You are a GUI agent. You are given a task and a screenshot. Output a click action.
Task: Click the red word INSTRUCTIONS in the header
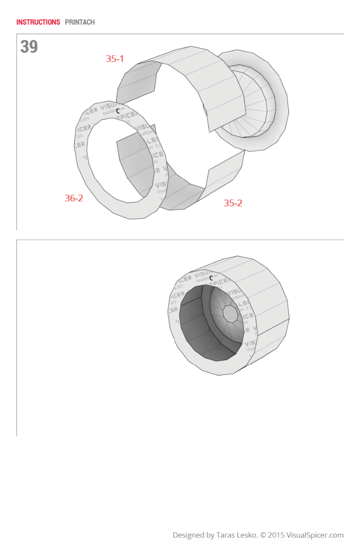click(38, 22)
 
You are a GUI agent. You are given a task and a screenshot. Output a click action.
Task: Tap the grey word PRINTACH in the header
click(80, 22)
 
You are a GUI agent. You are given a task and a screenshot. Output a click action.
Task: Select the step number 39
click(29, 47)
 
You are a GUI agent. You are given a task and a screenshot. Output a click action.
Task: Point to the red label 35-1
click(114, 59)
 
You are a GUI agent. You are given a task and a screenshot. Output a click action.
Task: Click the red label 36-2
click(74, 198)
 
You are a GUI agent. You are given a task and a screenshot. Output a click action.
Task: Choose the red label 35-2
click(233, 203)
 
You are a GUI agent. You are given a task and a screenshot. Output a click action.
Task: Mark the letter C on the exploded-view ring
click(118, 110)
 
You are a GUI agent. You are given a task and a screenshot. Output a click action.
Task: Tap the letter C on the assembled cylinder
click(211, 278)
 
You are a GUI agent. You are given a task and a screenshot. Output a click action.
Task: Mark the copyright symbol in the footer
click(263, 535)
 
